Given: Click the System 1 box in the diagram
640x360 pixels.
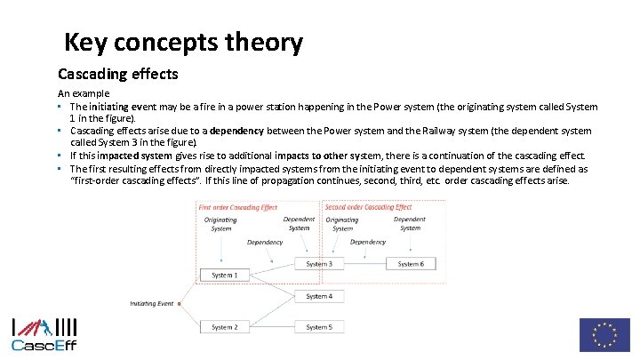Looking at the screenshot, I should click(x=224, y=276).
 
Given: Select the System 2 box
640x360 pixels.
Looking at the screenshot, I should click(x=224, y=327).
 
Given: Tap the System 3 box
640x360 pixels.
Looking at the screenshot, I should click(x=319, y=264).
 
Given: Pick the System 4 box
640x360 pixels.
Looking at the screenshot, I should click(x=319, y=296).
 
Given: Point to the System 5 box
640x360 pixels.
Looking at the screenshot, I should click(x=319, y=327).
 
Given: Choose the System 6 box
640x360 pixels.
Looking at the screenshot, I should click(x=411, y=264).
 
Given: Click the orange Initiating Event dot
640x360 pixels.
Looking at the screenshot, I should click(x=179, y=303).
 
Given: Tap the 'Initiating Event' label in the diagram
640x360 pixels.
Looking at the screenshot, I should click(x=152, y=303).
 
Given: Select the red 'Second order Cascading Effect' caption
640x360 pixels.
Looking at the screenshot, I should click(x=369, y=208).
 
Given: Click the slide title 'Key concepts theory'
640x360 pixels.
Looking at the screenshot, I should click(x=184, y=42).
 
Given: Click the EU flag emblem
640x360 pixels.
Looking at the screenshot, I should click(x=604, y=335).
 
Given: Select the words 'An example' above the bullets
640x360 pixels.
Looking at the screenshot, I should click(x=84, y=92).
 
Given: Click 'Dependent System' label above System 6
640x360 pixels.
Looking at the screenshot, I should click(x=410, y=223).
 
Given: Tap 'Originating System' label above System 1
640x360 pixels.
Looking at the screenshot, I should click(x=220, y=224).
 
